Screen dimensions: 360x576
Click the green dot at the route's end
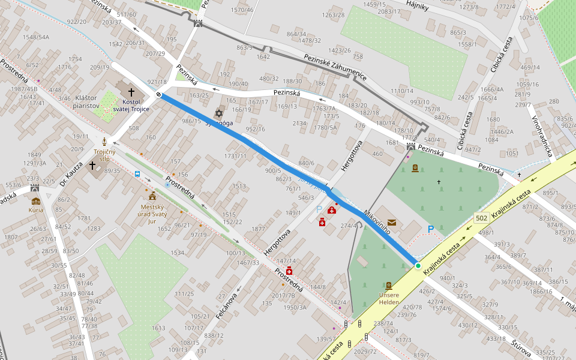point(418,266)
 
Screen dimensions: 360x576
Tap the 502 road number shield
point(481,218)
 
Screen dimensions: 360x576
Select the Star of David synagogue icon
point(219,113)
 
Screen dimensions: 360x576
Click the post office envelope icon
point(392,223)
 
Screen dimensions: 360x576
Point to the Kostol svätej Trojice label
point(131,105)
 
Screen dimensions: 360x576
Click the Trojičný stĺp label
point(104,155)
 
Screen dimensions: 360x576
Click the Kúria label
point(35,210)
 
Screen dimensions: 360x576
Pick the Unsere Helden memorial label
point(389,298)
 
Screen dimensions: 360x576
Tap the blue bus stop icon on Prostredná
point(138,175)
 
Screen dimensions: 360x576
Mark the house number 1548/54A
point(35,37)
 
